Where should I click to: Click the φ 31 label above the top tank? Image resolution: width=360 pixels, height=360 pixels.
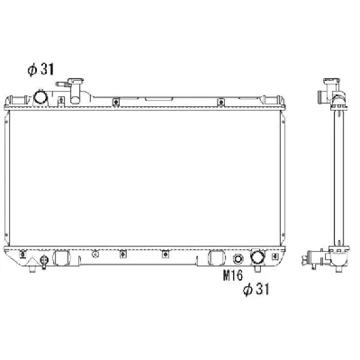point(40,69)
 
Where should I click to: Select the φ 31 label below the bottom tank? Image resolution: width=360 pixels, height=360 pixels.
point(256,290)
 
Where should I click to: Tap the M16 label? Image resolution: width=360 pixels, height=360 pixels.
point(233,275)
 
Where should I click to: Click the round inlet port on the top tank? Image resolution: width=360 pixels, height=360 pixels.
point(40,97)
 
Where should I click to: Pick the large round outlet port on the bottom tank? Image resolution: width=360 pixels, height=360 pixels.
point(258,257)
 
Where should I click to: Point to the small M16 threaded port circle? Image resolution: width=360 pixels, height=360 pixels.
point(238,258)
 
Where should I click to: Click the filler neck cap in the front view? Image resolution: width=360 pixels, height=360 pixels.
point(76,81)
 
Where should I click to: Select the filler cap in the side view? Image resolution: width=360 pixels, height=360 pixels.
point(331,81)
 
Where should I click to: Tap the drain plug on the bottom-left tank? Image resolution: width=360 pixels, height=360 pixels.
point(44,262)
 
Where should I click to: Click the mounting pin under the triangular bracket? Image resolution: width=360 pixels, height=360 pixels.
point(32,268)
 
